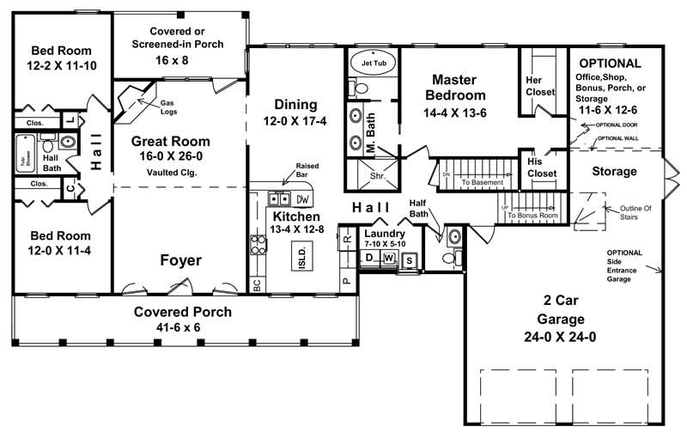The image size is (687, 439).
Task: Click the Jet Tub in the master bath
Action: coord(373,64)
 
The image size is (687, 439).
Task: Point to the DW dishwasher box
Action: coord(301,198)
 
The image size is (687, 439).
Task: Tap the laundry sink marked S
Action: coord(409,259)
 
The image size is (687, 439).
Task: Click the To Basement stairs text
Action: coord(482,182)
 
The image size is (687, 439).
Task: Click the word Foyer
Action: coord(180,259)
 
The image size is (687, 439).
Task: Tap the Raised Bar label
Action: coord(307,170)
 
